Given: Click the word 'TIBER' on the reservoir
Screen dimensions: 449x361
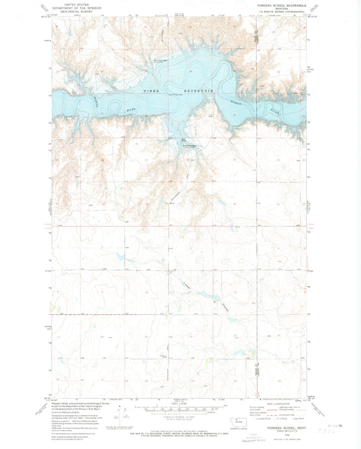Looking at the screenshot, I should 150,89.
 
